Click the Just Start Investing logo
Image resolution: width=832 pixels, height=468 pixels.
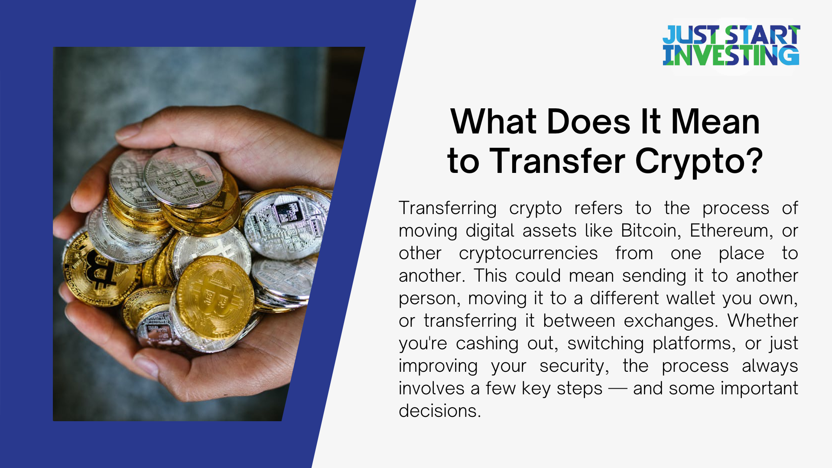click(731, 45)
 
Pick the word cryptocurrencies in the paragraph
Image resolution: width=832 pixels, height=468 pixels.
click(528, 253)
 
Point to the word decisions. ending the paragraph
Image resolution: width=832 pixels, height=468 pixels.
click(440, 411)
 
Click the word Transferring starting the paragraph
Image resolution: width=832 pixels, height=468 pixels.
click(448, 208)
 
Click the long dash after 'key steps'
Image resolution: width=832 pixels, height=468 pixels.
click(618, 389)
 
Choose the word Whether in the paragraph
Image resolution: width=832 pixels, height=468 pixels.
click(763, 321)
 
